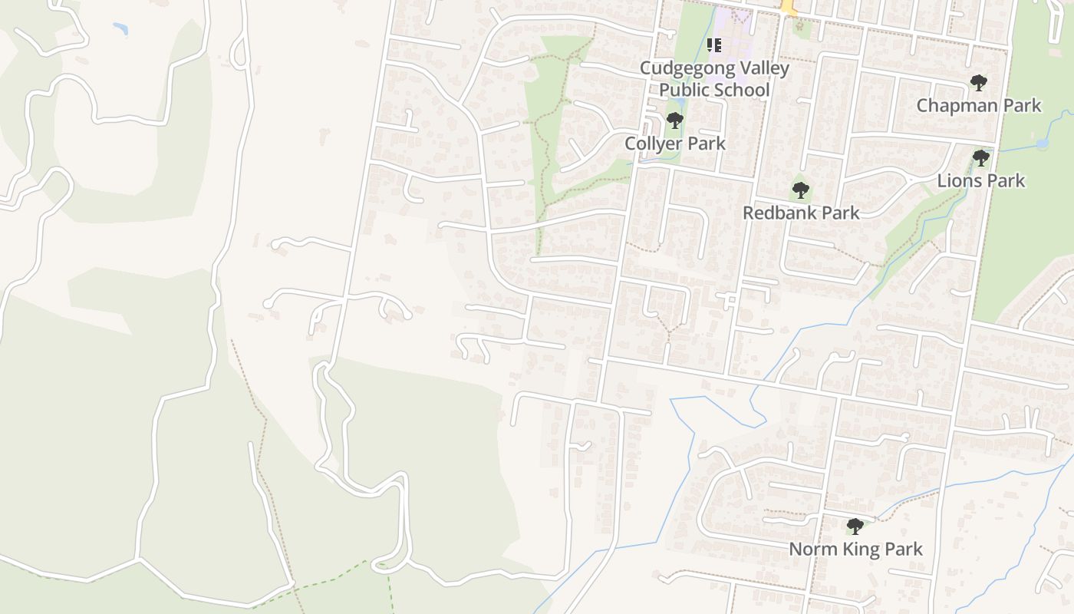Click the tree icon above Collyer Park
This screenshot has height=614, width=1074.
[x=675, y=120]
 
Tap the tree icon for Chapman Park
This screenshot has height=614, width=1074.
[x=978, y=82]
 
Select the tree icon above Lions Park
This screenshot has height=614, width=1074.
[x=980, y=158]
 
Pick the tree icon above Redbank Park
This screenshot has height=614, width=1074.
[x=801, y=190]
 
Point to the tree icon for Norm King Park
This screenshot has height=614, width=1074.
[x=855, y=527]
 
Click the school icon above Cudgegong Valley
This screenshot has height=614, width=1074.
[x=714, y=45]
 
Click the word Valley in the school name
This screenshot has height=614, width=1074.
[x=756, y=68]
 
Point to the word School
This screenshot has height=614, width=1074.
[x=740, y=90]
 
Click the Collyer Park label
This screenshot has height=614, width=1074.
[x=675, y=144]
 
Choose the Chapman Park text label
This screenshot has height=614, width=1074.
[x=979, y=105]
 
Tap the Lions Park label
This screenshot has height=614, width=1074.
[x=981, y=181]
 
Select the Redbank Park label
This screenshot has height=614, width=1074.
[x=801, y=213]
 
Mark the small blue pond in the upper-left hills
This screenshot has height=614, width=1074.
[x=120, y=29]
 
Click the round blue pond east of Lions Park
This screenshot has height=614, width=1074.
[x=1042, y=144]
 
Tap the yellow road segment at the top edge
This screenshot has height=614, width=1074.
[x=789, y=8]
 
